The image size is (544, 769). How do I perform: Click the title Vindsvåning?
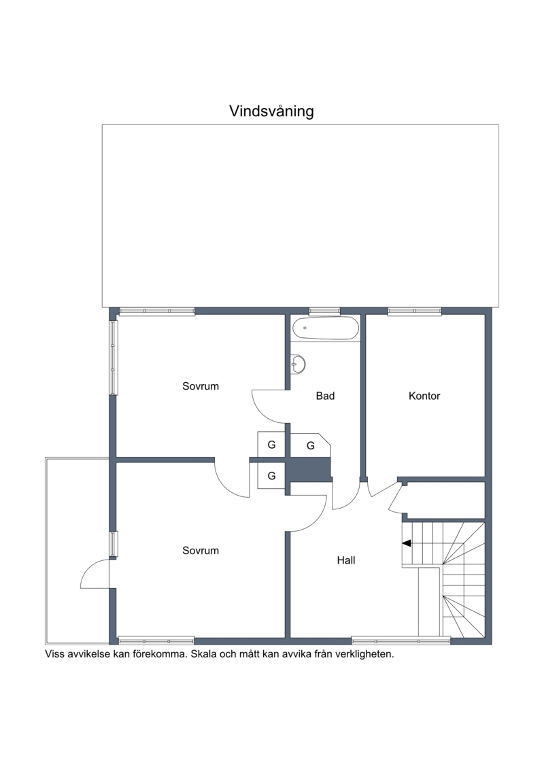(271, 112)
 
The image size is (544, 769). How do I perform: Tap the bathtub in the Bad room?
(325, 328)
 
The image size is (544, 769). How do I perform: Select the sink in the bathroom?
(298, 364)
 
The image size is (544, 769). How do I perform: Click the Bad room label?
(325, 396)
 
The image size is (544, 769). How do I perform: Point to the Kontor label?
(424, 396)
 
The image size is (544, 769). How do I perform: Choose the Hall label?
(346, 560)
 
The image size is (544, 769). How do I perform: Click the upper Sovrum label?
(200, 386)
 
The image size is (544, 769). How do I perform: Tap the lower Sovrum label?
(200, 550)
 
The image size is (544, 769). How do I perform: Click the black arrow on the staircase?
(406, 543)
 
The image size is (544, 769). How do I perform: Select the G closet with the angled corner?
(311, 445)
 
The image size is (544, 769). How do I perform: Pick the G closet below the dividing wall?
(271, 475)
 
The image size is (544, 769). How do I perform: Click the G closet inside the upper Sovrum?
(271, 445)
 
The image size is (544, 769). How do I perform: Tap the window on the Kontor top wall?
(415, 311)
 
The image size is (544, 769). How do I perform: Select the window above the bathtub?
(324, 311)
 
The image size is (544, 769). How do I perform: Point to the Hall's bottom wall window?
(401, 640)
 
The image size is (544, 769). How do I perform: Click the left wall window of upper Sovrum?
(114, 358)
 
